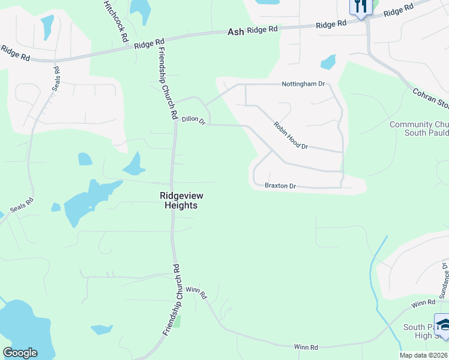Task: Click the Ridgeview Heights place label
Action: (x=178, y=200)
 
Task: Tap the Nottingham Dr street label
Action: (x=303, y=85)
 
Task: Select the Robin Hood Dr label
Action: (x=291, y=136)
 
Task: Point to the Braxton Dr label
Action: (x=280, y=186)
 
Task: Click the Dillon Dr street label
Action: (x=193, y=121)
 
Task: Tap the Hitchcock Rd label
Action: (x=116, y=20)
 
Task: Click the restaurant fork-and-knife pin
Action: (x=361, y=7)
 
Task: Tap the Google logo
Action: (x=20, y=353)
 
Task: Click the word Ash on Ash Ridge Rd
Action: (x=236, y=32)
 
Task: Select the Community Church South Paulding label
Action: (x=419, y=128)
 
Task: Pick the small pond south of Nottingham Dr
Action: (x=328, y=62)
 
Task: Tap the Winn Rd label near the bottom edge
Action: (x=306, y=347)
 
